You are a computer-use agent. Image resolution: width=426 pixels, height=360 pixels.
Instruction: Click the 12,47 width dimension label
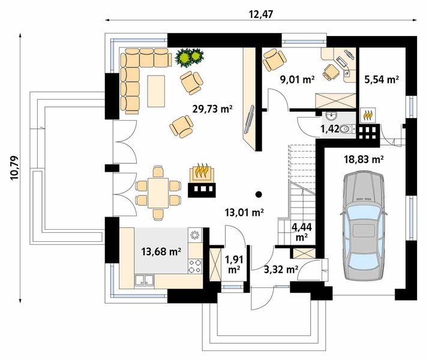(260, 14)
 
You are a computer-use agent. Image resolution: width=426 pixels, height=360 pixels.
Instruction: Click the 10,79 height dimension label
(14, 167)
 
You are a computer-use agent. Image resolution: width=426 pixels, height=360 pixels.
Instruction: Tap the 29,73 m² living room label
(212, 109)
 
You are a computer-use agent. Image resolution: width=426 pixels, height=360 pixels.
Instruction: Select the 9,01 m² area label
(297, 80)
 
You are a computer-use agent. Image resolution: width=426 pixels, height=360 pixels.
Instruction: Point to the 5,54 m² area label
(382, 80)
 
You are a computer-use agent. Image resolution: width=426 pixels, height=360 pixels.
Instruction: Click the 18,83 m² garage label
(364, 160)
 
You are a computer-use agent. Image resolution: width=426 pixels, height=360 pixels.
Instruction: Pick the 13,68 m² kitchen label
(161, 251)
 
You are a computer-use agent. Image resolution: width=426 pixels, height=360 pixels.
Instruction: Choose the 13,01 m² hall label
(245, 212)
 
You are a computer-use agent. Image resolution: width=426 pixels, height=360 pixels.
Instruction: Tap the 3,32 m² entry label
(281, 269)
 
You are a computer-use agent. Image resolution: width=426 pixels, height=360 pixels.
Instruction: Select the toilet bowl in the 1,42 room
(347, 128)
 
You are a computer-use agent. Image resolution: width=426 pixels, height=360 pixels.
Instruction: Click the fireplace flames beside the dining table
(202, 170)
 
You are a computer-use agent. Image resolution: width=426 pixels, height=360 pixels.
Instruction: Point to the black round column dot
(259, 194)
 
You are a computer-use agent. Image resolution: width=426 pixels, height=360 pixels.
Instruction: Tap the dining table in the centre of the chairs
(158, 193)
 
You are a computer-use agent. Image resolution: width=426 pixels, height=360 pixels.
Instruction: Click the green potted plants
(190, 57)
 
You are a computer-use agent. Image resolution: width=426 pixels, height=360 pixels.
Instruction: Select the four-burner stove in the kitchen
(196, 266)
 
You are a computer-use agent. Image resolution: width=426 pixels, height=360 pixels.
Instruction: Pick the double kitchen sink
(144, 280)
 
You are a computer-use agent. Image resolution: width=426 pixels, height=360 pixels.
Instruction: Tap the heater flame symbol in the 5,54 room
(368, 115)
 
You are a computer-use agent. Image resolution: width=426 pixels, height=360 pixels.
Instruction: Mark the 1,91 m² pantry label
(233, 265)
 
